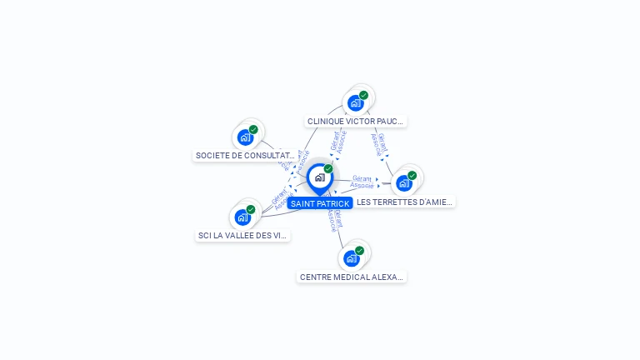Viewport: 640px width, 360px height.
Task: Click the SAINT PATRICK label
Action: point(320,203)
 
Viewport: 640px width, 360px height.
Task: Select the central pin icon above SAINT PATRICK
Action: point(319,177)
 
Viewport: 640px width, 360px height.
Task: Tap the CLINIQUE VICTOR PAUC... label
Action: point(355,121)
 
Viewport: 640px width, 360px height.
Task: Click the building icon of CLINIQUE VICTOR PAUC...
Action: point(356,103)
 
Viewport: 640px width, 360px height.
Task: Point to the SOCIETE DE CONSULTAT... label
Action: point(245,155)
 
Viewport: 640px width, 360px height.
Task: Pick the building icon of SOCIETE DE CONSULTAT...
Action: point(245,137)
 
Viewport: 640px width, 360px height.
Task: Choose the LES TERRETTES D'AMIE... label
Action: point(404,202)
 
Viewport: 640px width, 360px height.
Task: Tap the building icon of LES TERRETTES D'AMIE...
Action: point(404,183)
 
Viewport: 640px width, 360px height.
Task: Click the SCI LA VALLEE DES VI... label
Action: point(242,235)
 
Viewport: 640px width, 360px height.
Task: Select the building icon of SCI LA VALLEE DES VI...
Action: point(242,217)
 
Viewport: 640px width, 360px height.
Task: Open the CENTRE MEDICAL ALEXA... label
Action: point(352,277)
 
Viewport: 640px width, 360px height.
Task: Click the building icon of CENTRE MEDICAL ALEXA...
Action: point(352,258)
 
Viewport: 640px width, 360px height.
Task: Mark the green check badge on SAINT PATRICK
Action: point(328,168)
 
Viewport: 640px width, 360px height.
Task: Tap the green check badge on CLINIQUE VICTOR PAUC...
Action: point(364,95)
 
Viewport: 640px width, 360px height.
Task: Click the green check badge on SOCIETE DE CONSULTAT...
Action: point(253,129)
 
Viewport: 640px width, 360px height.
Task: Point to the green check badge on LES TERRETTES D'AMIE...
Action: point(412,175)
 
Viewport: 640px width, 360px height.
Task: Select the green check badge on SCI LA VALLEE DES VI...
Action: point(251,209)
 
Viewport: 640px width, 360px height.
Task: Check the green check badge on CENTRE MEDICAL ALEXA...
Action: point(360,250)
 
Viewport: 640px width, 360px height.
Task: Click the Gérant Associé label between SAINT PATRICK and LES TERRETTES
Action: point(362,182)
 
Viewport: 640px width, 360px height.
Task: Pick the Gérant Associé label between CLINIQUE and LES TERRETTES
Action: point(379,144)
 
